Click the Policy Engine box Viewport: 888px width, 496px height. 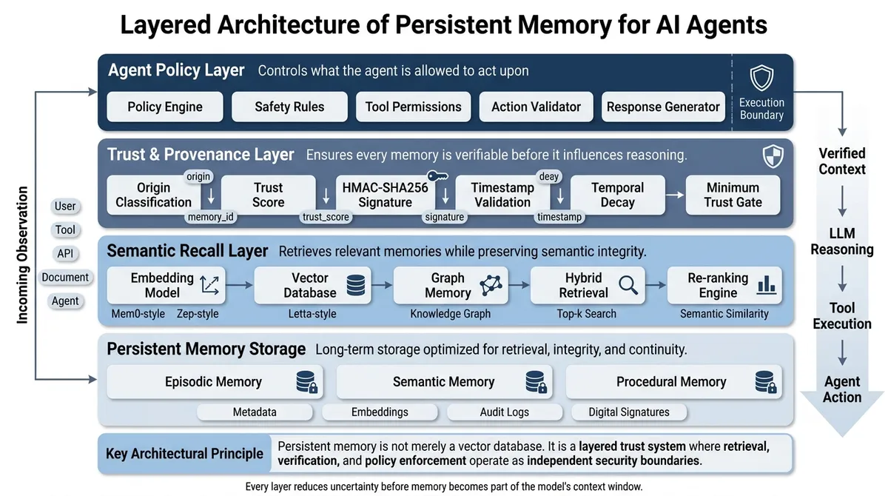pyautogui.click(x=165, y=107)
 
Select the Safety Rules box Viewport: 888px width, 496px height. pyautogui.click(x=289, y=107)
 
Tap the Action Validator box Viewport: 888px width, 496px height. pyautogui.click(x=536, y=107)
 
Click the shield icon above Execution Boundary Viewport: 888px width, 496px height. pyautogui.click(x=761, y=78)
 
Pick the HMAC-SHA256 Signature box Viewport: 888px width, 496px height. pyautogui.click(x=385, y=195)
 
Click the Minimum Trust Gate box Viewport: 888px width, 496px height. pyautogui.click(x=733, y=195)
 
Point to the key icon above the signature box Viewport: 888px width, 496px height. pyautogui.click(x=437, y=175)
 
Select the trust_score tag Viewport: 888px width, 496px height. pyautogui.click(x=326, y=217)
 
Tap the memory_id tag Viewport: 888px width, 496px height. pyautogui.click(x=210, y=217)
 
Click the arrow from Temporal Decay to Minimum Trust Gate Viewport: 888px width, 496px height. pyautogui.click(x=675, y=195)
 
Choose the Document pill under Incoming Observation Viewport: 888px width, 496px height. pyautogui.click(x=65, y=277)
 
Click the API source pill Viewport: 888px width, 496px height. pyautogui.click(x=65, y=253)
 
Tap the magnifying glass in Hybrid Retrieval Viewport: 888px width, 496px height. pyautogui.click(x=628, y=285)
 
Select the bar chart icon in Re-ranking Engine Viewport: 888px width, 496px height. pyautogui.click(x=766, y=285)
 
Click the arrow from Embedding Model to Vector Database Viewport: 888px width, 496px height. pyautogui.click(x=239, y=285)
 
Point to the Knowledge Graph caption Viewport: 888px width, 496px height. pyautogui.click(x=450, y=314)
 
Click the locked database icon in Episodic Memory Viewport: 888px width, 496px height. pyautogui.click(x=307, y=382)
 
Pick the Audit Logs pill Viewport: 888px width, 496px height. pyautogui.click(x=504, y=412)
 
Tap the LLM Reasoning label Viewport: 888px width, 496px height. pyautogui.click(x=841, y=241)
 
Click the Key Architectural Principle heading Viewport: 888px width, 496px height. pyautogui.click(x=184, y=454)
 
